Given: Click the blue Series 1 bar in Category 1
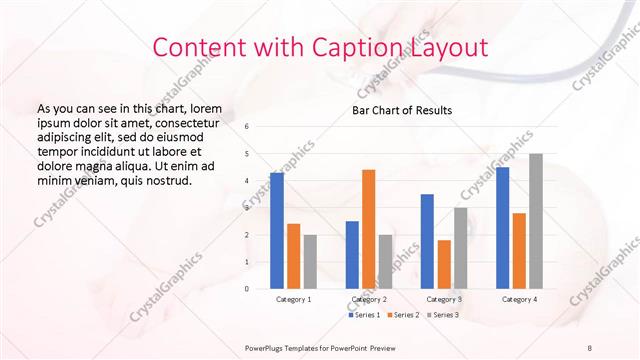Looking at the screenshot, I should (277, 231).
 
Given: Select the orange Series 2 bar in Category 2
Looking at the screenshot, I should (368, 229).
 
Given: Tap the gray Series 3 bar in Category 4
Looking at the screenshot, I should (536, 221).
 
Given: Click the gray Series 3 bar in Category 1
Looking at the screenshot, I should (310, 261).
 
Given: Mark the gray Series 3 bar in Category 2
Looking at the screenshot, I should (385, 261).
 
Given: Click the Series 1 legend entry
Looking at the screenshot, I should (365, 315).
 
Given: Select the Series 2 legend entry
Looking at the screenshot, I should (403, 315).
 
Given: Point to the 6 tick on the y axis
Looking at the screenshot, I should (247, 126).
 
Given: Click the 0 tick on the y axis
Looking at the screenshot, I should (247, 289).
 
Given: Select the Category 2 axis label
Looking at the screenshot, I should (369, 299).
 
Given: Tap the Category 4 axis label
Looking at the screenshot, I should (519, 299).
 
